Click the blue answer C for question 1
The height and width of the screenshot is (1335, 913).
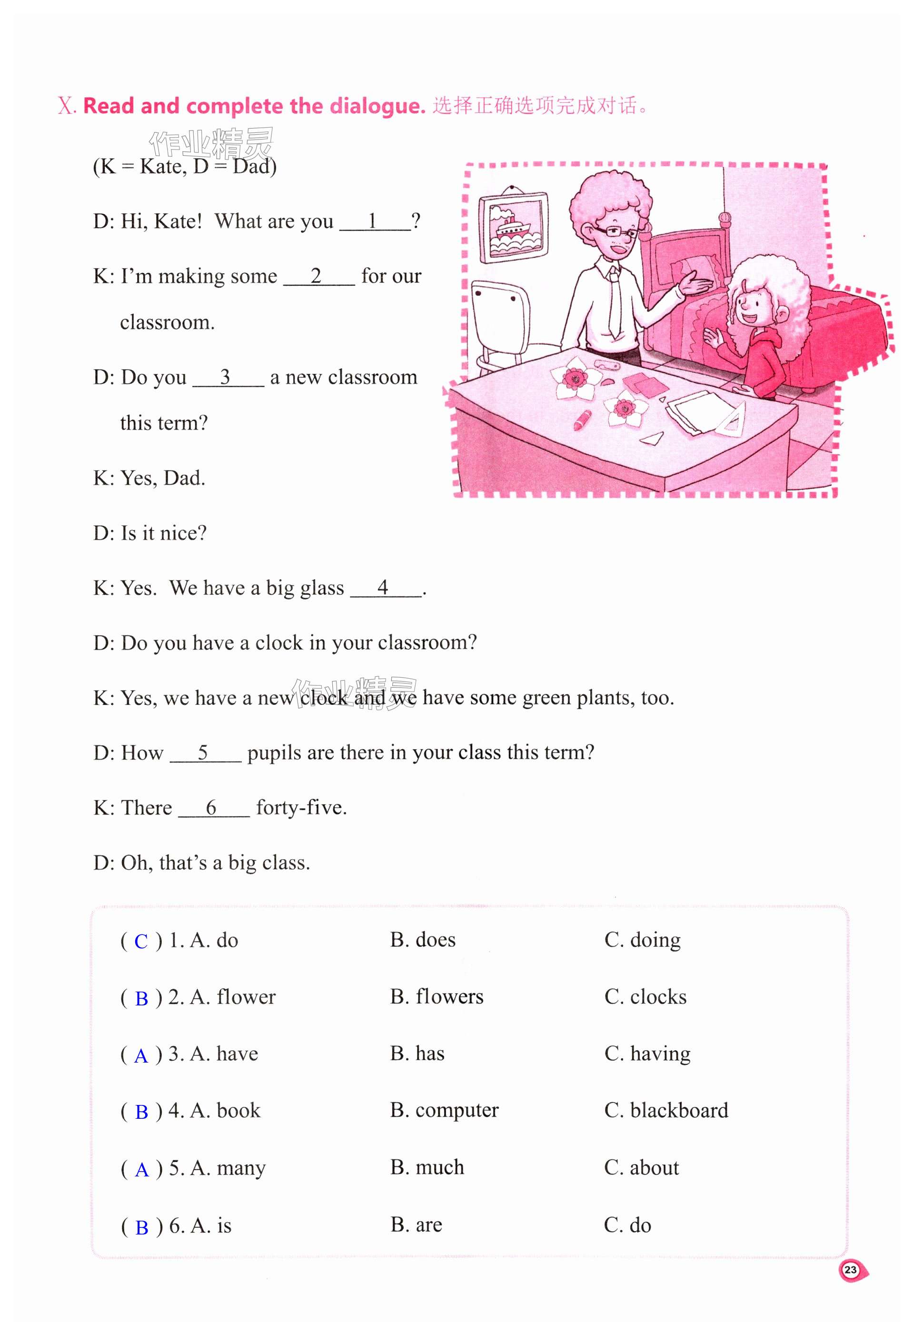pyautogui.click(x=141, y=942)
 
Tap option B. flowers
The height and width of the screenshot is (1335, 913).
pyautogui.click(x=437, y=997)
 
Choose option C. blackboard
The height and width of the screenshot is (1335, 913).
pyautogui.click(x=665, y=1110)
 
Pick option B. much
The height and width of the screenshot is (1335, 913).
pyautogui.click(x=427, y=1167)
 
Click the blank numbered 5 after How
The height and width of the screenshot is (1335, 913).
pyautogui.click(x=204, y=753)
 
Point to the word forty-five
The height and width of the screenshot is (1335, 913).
pyautogui.click(x=301, y=808)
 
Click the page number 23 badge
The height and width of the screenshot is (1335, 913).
pyautogui.click(x=851, y=1270)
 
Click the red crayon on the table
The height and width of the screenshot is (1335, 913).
pyautogui.click(x=583, y=419)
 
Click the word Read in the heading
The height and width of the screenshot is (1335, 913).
pyautogui.click(x=109, y=106)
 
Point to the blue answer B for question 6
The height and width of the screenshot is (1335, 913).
pyautogui.click(x=141, y=1227)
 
